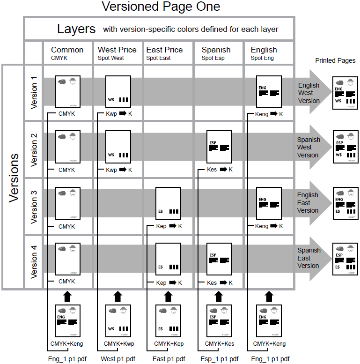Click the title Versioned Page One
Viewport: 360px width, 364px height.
pos(161,7)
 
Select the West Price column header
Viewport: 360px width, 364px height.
pos(117,50)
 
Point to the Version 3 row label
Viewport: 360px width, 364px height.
pos(34,206)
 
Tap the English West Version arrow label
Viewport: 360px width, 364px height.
pos(309,93)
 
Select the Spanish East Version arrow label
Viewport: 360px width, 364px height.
pos(309,258)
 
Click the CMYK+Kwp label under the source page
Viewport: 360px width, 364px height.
pos(119,344)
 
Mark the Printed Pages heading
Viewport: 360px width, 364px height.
pos(335,60)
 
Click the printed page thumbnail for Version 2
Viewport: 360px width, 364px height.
pos(345,147)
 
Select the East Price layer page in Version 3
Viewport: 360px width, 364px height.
pos(168,203)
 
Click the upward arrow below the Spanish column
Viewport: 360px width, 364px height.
pos(219,296)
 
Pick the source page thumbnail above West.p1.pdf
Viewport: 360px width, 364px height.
pos(118,321)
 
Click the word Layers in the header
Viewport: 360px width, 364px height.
pos(76,29)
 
